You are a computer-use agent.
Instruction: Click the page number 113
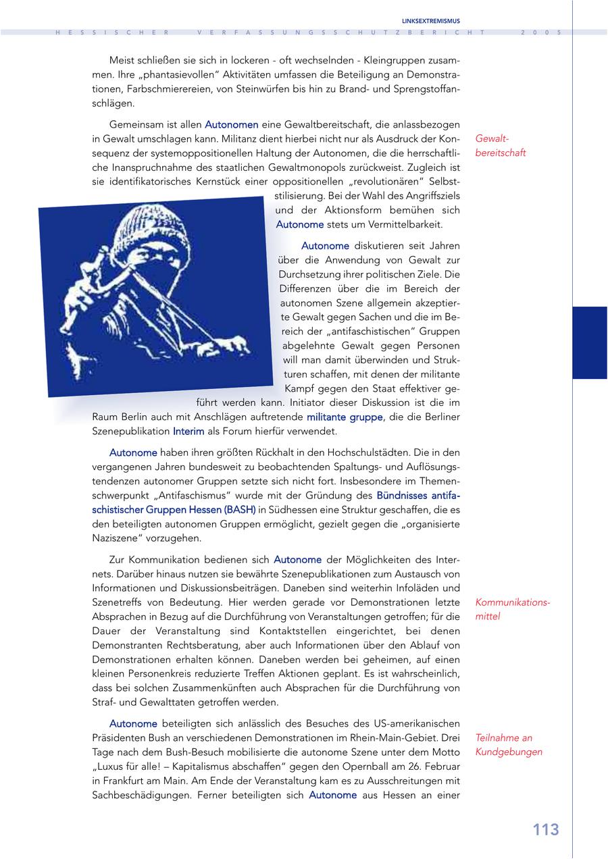545,830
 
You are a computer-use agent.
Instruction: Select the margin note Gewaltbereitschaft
501,145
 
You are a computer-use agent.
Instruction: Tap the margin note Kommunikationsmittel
513,608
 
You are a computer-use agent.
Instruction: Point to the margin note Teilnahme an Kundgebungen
509,745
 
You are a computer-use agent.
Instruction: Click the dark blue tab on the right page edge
589,342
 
